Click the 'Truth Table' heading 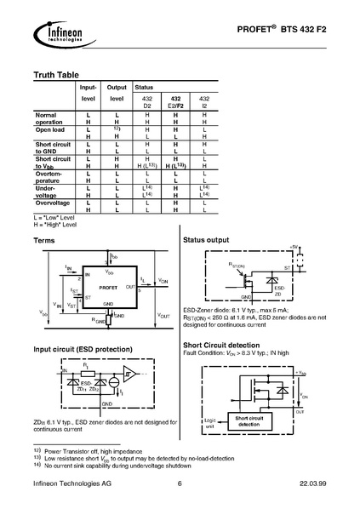pyautogui.click(x=56, y=75)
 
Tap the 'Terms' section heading pyautogui.click(x=44, y=242)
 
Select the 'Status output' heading pyautogui.click(x=208, y=242)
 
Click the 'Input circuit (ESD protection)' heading pyautogui.click(x=82, y=349)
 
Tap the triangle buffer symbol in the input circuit pyautogui.click(x=129, y=375)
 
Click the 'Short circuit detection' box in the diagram pyautogui.click(x=253, y=419)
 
